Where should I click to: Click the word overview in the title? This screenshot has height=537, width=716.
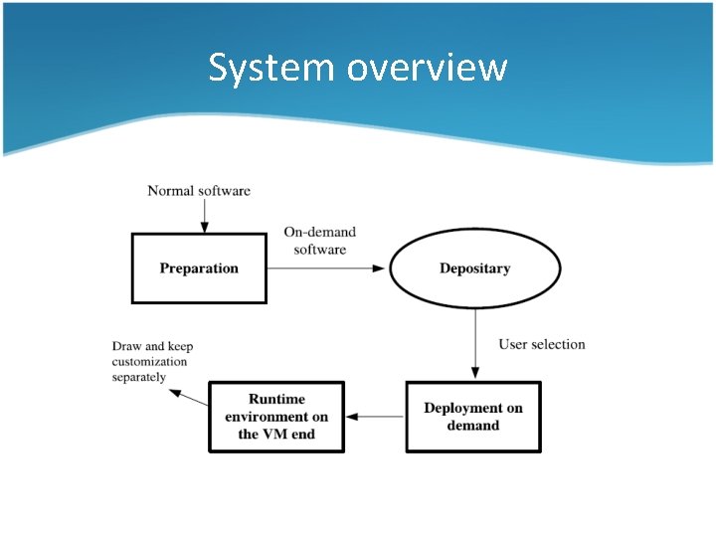(428, 68)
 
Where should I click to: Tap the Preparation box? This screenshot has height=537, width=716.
(199, 268)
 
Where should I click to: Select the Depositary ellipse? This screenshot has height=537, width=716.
(474, 268)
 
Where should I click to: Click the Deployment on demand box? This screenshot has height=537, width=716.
(473, 417)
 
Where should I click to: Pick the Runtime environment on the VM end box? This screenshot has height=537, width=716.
(275, 417)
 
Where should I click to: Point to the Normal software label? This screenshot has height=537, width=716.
(199, 190)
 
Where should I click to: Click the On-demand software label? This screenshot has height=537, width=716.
(319, 241)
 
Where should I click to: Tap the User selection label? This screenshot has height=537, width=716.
(542, 344)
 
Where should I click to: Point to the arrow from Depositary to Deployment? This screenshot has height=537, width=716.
(475, 344)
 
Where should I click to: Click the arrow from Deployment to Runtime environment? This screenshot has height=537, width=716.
(375, 417)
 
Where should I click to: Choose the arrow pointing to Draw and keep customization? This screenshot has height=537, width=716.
(189, 397)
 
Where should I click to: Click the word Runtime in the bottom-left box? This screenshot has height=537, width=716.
(276, 400)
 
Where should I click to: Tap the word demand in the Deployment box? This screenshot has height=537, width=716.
(473, 426)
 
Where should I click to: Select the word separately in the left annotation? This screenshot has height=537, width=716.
(139, 378)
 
